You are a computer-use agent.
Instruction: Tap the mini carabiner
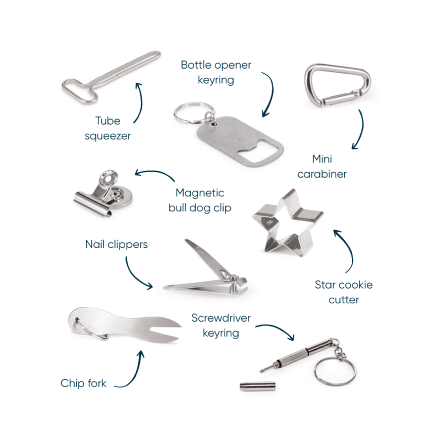click(x=337, y=85)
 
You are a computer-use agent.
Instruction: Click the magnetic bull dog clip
click(x=103, y=194)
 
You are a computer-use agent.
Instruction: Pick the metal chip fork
click(x=124, y=326)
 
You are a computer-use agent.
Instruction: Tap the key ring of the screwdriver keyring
click(x=335, y=371)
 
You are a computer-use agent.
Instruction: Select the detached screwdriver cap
click(x=257, y=387)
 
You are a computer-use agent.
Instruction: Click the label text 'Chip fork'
click(x=83, y=384)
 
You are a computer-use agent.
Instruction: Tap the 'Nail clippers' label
click(x=117, y=244)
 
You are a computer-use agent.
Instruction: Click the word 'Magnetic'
click(x=200, y=193)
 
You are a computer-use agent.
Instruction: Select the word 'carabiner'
click(x=322, y=174)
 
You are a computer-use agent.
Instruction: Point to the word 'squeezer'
click(x=107, y=136)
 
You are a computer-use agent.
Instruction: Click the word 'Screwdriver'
click(x=221, y=318)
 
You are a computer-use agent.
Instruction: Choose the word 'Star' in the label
click(x=324, y=285)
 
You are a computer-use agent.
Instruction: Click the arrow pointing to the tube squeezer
click(x=141, y=102)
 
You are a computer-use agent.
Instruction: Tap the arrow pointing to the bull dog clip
click(x=155, y=174)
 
